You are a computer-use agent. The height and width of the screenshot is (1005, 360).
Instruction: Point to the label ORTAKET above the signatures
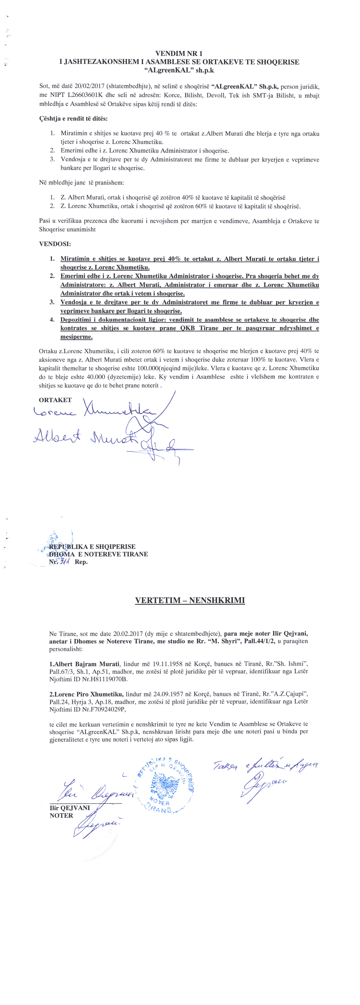click(x=55, y=400)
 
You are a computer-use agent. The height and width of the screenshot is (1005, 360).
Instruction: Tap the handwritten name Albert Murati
click(x=86, y=437)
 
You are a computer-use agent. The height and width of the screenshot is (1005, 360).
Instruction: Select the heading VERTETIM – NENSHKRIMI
click(x=190, y=600)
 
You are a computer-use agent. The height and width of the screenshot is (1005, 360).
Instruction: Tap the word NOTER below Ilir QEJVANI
click(x=61, y=816)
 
